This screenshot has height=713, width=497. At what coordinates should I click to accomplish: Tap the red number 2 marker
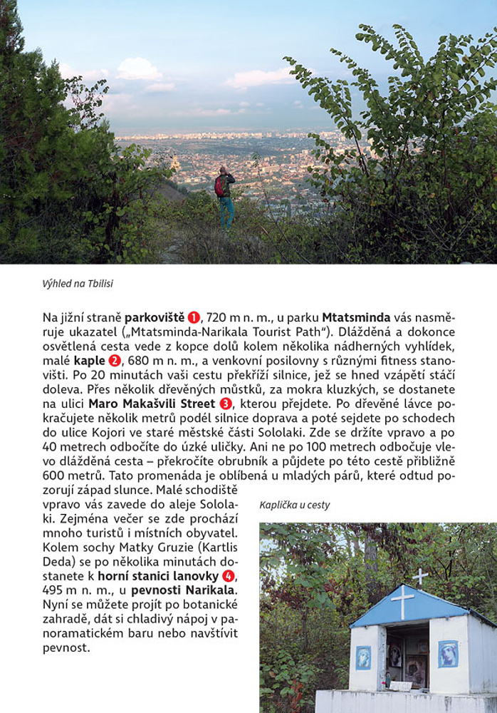(115, 361)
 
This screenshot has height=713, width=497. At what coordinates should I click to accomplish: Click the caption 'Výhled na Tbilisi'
(78, 284)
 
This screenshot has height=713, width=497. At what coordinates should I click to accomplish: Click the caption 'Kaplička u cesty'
(295, 506)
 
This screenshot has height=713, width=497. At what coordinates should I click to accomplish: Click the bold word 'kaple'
(89, 361)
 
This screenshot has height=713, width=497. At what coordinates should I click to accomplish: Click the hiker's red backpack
(221, 186)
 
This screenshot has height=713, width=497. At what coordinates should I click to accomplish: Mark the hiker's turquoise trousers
(226, 212)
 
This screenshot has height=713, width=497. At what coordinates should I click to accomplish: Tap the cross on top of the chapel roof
(421, 575)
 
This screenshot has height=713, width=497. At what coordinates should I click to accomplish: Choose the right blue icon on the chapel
(449, 653)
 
